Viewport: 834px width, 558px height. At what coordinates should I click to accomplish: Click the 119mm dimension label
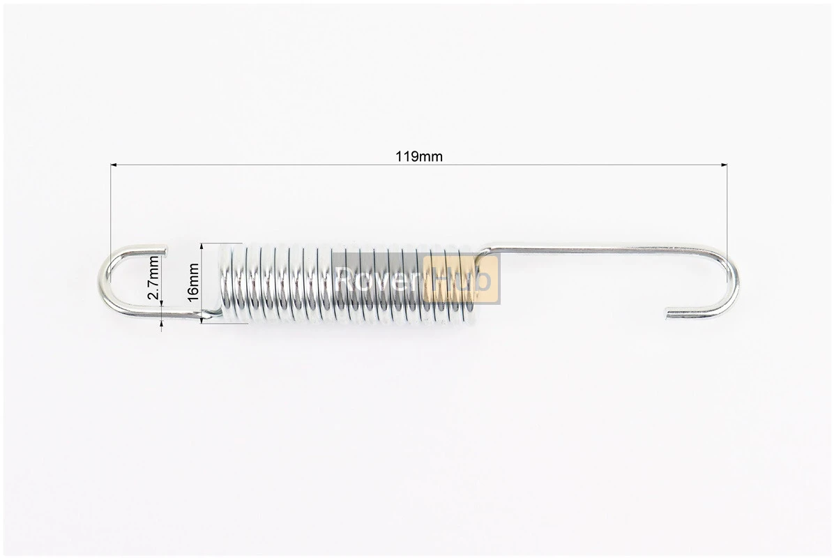(x=418, y=156)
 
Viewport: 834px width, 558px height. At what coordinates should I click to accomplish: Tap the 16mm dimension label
(x=192, y=282)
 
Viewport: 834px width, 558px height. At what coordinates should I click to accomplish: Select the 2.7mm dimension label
(x=153, y=278)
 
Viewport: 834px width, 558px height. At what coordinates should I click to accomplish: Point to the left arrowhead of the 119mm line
(x=114, y=165)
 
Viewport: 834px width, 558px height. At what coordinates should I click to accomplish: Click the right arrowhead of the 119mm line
(x=723, y=165)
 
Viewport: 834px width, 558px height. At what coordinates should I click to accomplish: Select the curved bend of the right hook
(x=734, y=282)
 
